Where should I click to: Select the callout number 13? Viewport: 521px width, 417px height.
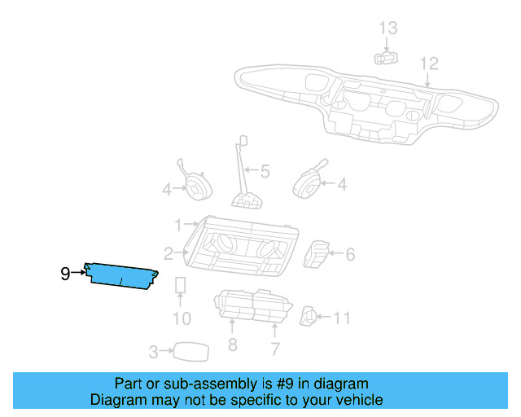click(388, 29)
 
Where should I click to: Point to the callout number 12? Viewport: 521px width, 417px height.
click(429, 64)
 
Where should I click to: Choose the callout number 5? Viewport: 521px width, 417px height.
click(265, 172)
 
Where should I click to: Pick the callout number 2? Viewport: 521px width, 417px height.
click(169, 253)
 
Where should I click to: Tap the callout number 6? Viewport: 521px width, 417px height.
click(350, 255)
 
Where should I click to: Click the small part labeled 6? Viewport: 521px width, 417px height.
click(317, 253)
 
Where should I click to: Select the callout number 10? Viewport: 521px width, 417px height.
click(182, 318)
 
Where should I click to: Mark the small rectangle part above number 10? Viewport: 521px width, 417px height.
click(182, 287)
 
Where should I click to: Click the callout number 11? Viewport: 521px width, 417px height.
click(342, 318)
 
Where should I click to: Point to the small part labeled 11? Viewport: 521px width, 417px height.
click(309, 316)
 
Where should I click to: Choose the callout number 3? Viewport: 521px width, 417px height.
click(153, 352)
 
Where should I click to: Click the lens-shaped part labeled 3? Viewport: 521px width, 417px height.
click(191, 351)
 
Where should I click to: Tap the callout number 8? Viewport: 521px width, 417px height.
click(232, 345)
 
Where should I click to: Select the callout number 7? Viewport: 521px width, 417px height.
click(275, 349)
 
